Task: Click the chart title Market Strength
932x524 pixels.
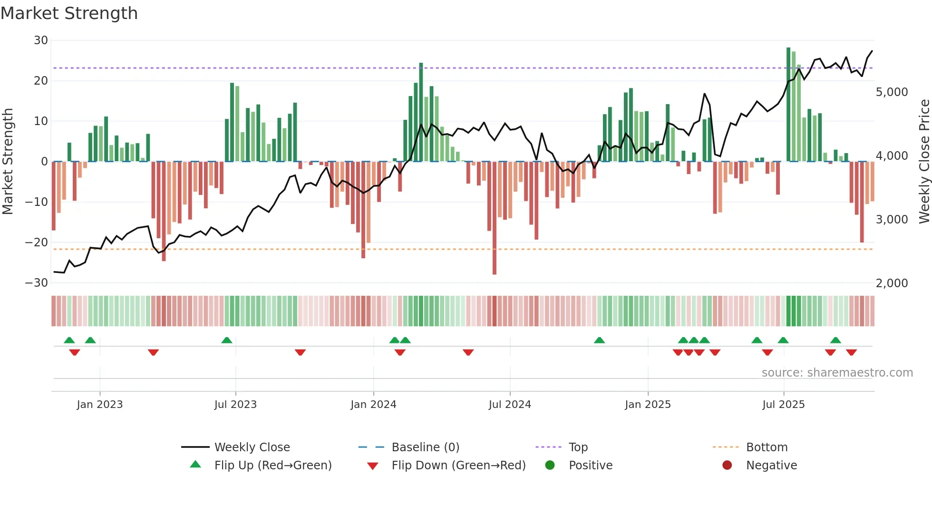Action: click(x=69, y=13)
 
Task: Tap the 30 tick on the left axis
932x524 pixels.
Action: click(x=41, y=40)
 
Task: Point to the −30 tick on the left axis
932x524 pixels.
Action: click(x=37, y=283)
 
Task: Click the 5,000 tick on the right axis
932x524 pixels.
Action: click(x=892, y=92)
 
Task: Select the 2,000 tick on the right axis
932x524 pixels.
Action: click(x=892, y=283)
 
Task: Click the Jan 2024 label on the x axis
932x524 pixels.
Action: click(x=373, y=405)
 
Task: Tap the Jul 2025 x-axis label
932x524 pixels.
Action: click(x=783, y=405)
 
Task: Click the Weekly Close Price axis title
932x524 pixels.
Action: click(x=924, y=162)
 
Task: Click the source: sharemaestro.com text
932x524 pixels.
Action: click(x=837, y=373)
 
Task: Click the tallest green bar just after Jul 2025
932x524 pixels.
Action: click(x=788, y=105)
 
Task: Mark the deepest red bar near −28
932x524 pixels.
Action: click(x=495, y=219)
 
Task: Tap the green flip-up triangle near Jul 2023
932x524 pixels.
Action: click(x=227, y=340)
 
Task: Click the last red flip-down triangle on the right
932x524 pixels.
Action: click(x=851, y=352)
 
